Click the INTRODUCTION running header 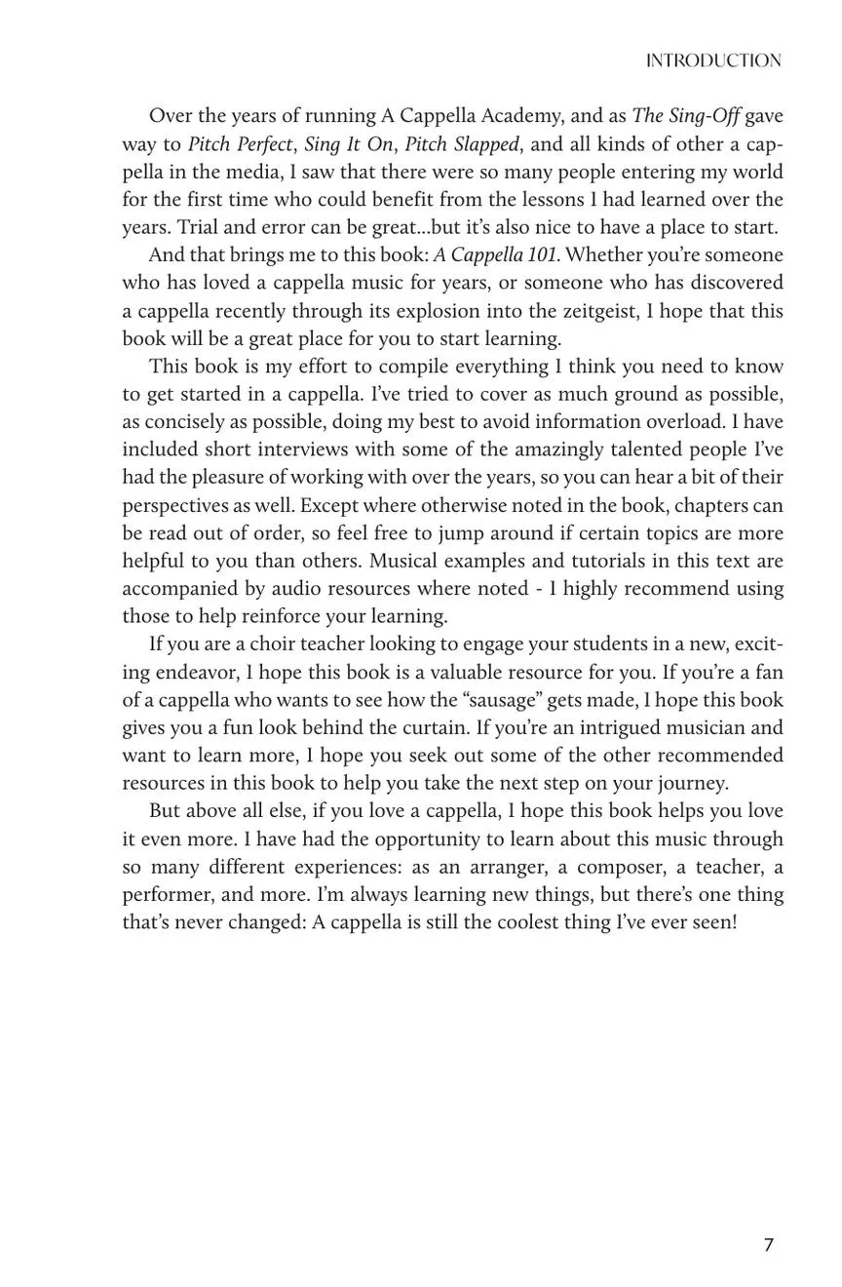[x=713, y=61]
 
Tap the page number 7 [x=769, y=1245]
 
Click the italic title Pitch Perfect [x=240, y=144]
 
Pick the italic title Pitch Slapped [x=462, y=144]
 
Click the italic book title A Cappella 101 [x=495, y=255]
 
